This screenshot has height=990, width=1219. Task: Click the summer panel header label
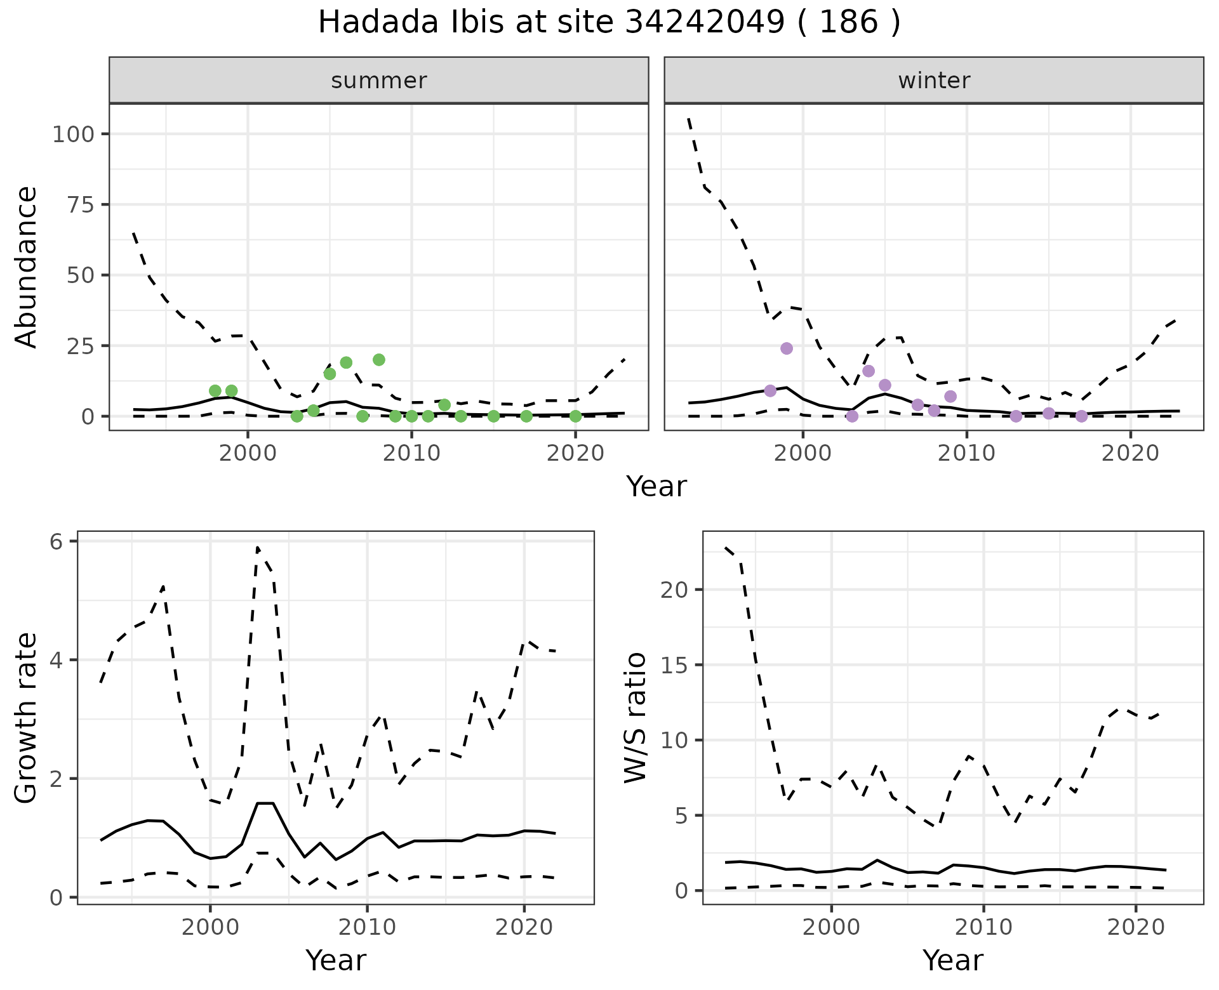[x=379, y=81]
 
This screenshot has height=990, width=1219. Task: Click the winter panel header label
[x=934, y=81]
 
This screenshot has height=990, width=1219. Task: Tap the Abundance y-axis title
[x=26, y=267]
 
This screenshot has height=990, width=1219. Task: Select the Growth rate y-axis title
[x=26, y=718]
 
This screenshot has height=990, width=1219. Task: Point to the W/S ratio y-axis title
[x=635, y=718]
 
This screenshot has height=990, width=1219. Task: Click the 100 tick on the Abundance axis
[x=72, y=135]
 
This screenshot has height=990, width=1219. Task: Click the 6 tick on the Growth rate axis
[x=57, y=541]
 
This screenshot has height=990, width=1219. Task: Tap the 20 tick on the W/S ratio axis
[x=674, y=590]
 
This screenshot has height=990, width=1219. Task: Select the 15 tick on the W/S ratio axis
[x=674, y=665]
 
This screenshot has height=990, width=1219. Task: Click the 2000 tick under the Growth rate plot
[x=210, y=927]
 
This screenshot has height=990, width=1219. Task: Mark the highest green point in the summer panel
[x=379, y=360]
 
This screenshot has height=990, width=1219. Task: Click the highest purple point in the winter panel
[x=787, y=348]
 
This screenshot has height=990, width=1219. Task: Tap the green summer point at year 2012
[x=444, y=405]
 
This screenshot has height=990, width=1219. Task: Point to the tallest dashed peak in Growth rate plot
[x=258, y=546]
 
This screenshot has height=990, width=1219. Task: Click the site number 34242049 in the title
[x=705, y=23]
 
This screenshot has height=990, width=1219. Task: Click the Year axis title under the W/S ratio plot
[x=952, y=960]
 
